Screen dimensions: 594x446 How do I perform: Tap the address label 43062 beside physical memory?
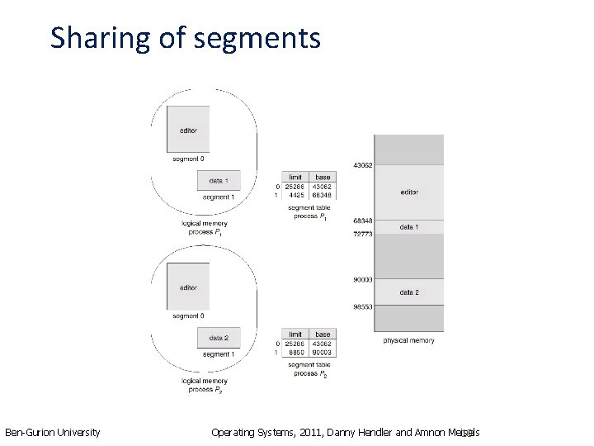point(363,166)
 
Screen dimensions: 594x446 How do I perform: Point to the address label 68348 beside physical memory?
point(363,221)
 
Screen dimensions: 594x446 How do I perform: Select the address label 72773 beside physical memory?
point(363,235)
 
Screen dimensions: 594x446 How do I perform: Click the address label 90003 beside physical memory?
point(363,280)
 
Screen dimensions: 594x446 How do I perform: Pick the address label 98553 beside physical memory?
point(363,306)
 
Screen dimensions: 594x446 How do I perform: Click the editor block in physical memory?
point(409,192)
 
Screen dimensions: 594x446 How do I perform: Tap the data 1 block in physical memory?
point(409,226)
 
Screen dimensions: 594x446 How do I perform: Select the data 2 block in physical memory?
point(409,292)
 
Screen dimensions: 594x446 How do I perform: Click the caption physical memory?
point(408,340)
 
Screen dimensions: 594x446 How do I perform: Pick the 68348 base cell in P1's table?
point(322,196)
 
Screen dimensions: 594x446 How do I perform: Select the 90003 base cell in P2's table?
point(322,353)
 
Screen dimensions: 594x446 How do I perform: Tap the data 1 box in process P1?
point(219,181)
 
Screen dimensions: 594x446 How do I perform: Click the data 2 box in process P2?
point(219,338)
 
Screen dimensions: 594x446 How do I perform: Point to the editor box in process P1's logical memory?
point(188,130)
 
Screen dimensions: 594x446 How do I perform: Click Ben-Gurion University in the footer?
point(53,432)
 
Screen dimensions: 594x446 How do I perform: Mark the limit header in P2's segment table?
point(295,334)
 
